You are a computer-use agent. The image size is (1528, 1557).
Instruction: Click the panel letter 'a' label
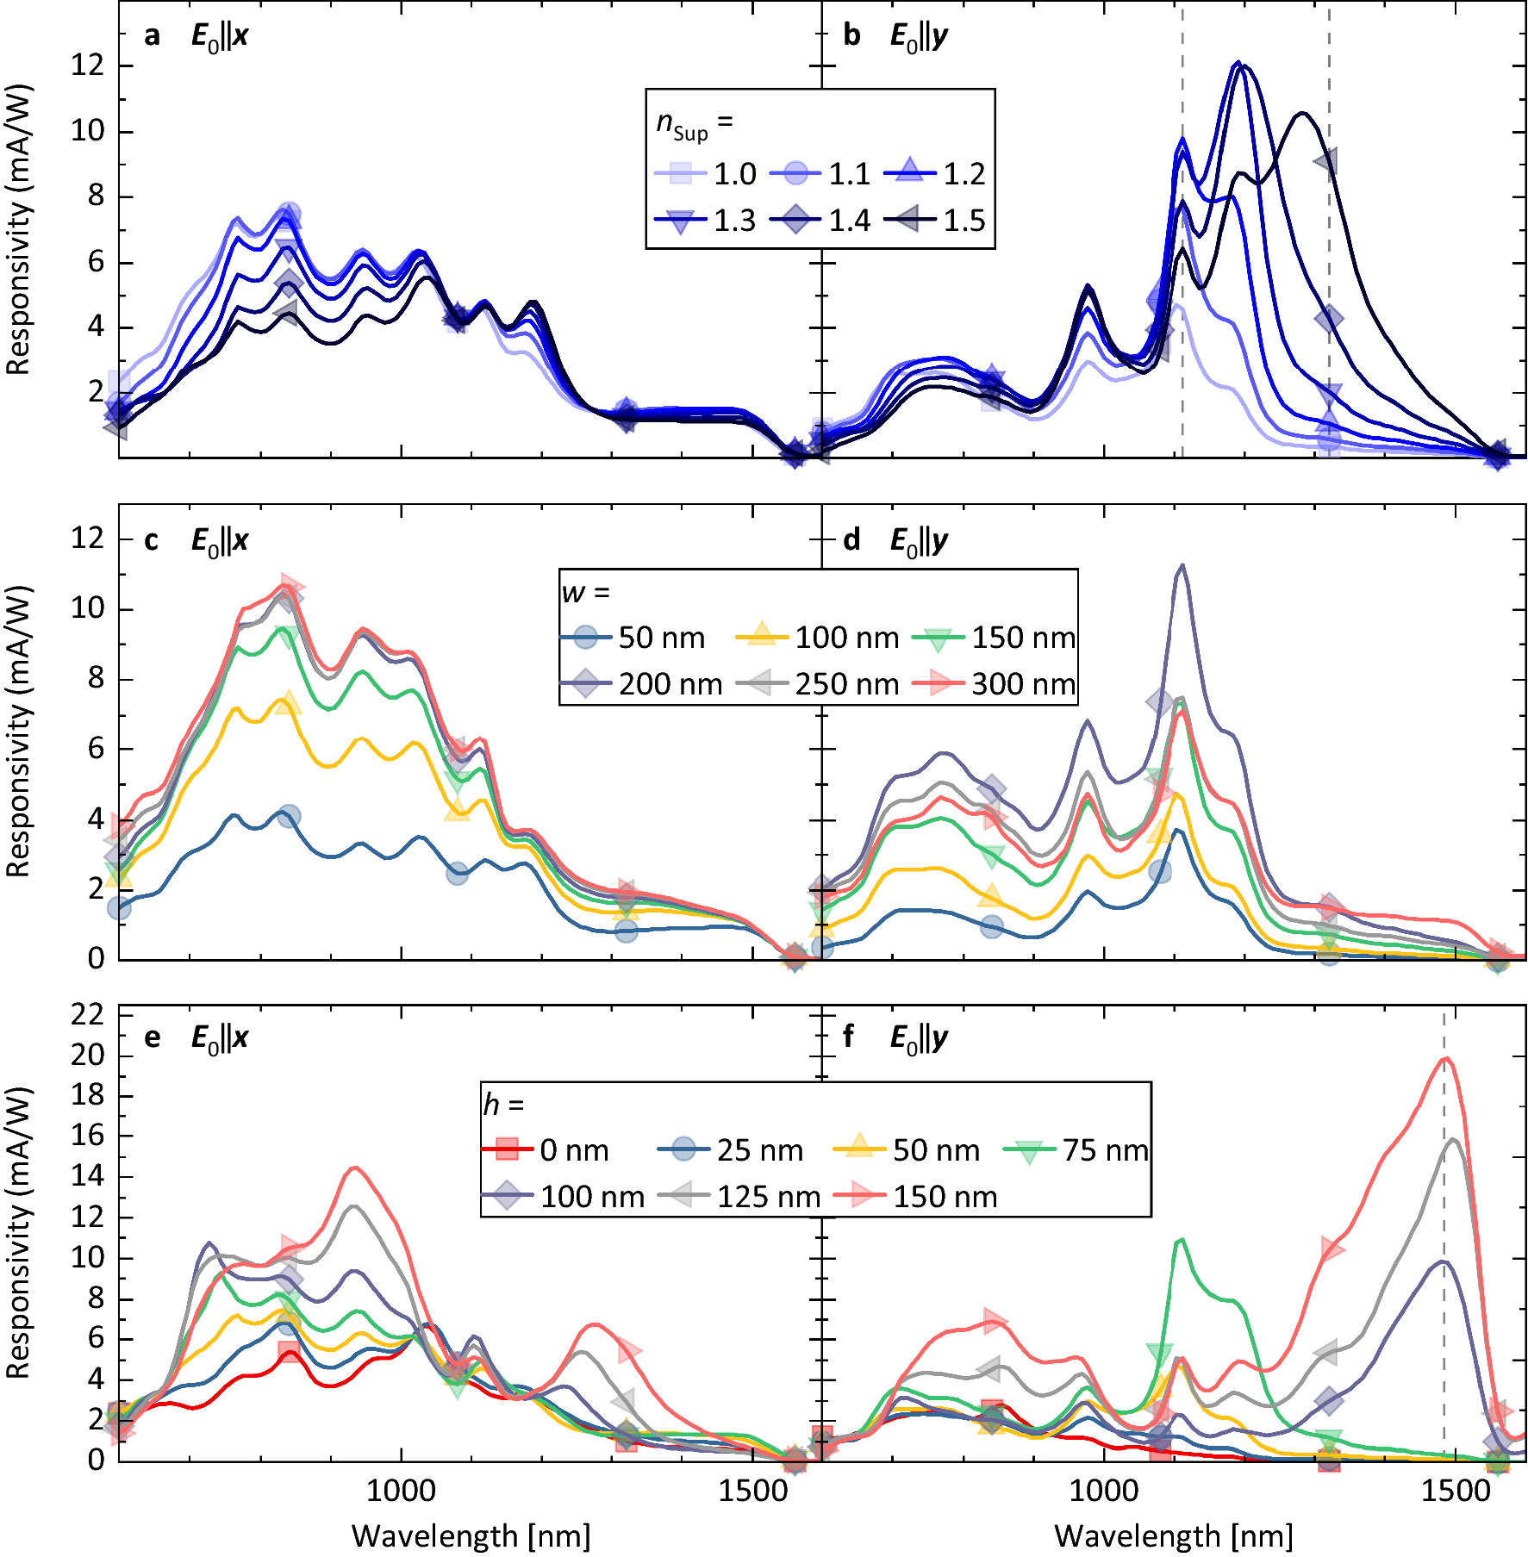(x=152, y=36)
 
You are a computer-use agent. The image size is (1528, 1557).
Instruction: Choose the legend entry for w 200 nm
(x=642, y=684)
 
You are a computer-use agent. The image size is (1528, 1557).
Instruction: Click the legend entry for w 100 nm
(x=818, y=638)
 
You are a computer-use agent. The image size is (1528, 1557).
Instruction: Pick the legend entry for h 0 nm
(x=546, y=1150)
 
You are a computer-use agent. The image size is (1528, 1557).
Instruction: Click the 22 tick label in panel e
(x=86, y=1015)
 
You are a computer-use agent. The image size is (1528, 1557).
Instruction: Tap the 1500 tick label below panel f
(x=1455, y=1492)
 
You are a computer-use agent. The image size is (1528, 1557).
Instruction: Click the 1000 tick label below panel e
(x=401, y=1492)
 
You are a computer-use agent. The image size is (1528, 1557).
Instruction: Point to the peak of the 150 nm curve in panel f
(x=1447, y=1059)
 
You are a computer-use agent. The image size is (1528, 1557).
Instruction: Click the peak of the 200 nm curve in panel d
(x=1182, y=566)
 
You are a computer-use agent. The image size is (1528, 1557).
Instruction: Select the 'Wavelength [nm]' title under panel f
(x=1173, y=1536)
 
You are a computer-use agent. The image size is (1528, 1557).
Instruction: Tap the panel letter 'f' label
(x=849, y=1037)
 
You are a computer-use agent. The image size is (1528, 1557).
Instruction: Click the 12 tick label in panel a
(x=86, y=65)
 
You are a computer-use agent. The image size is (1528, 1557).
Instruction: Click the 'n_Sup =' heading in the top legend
(x=695, y=124)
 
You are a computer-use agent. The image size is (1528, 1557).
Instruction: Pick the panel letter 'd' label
(x=851, y=540)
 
